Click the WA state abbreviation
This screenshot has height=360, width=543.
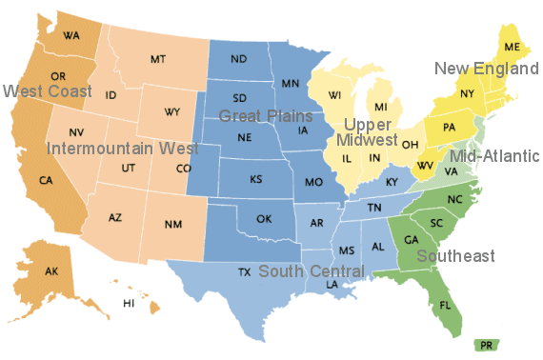click(x=70, y=36)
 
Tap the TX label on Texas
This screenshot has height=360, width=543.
click(x=245, y=272)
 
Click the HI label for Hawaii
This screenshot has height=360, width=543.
click(x=129, y=303)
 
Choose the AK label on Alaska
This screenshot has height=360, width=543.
click(x=51, y=271)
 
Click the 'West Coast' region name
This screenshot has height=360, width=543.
click(x=47, y=91)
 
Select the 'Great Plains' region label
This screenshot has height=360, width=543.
click(x=266, y=116)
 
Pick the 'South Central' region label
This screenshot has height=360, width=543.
click(x=312, y=271)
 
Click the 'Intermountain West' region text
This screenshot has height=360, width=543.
click(x=123, y=149)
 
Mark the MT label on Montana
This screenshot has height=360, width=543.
click(x=158, y=60)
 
